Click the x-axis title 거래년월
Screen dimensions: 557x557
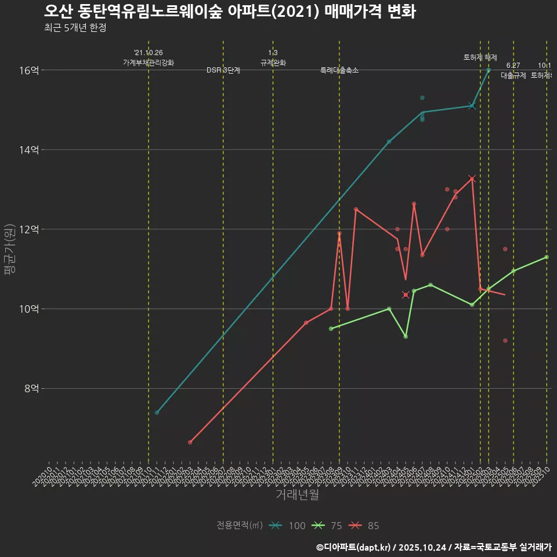pyautogui.click(x=297, y=494)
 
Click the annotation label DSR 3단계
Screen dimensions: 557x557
pyautogui.click(x=223, y=70)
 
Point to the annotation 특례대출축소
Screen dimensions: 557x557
pyautogui.click(x=339, y=70)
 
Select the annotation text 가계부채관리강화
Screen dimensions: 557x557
pyautogui.click(x=149, y=62)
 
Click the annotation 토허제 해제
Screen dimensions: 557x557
pyautogui.click(x=480, y=57)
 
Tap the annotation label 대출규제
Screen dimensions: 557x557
pyautogui.click(x=513, y=75)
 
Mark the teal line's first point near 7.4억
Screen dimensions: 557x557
pyautogui.click(x=157, y=413)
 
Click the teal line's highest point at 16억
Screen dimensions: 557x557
pyautogui.click(x=489, y=70)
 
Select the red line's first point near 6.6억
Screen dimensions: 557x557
pyautogui.click(x=190, y=442)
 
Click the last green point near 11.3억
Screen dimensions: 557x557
pyautogui.click(x=547, y=257)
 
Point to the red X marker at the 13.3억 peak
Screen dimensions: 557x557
pyautogui.click(x=472, y=179)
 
